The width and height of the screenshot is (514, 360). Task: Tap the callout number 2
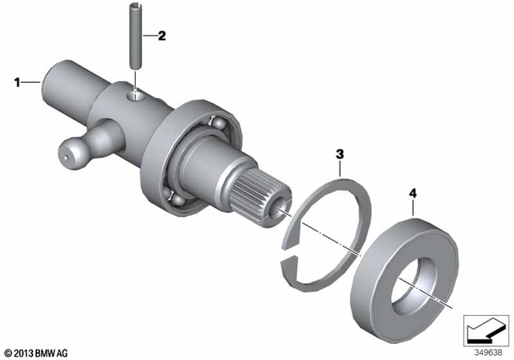point(161,35)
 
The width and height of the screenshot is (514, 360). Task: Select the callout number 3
point(341,153)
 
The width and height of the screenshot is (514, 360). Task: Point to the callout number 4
point(414,194)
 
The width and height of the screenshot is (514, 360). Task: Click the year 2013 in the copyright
point(23,352)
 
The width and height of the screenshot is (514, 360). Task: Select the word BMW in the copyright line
point(47,352)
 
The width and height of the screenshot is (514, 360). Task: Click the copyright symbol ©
point(6,352)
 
